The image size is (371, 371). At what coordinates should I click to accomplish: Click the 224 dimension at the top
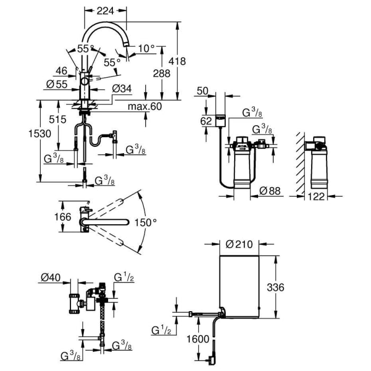click(105, 10)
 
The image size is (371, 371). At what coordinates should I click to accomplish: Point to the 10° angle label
click(146, 49)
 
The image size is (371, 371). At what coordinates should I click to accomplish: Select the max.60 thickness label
click(144, 107)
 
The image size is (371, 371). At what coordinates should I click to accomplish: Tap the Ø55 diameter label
click(56, 85)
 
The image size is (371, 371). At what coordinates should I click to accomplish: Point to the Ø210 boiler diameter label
click(238, 244)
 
